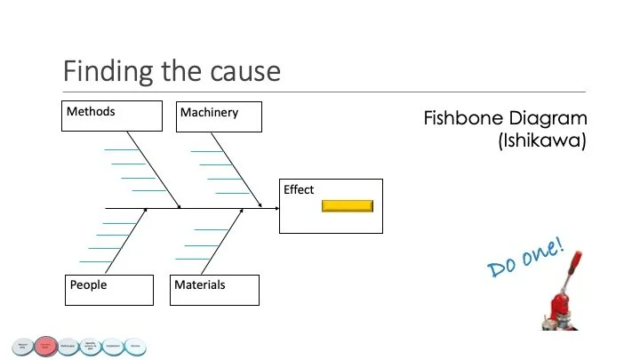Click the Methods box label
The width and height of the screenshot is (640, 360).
click(x=91, y=112)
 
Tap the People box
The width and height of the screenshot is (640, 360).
click(x=110, y=289)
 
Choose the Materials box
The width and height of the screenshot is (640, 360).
click(x=214, y=290)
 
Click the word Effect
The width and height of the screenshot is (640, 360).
click(x=299, y=189)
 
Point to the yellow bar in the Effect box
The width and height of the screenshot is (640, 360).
click(x=347, y=206)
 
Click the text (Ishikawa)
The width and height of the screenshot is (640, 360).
click(x=543, y=140)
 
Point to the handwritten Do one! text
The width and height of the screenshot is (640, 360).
click(x=525, y=259)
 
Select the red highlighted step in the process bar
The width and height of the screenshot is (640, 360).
click(x=46, y=346)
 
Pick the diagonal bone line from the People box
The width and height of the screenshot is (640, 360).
click(x=126, y=240)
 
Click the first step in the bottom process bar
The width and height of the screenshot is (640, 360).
click(x=22, y=346)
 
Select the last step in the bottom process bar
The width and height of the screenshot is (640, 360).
click(x=135, y=346)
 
